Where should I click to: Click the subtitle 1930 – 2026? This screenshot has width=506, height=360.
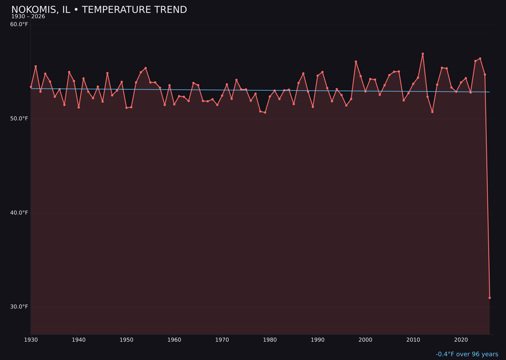point(28,17)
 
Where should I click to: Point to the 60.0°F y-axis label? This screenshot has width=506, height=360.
point(19,24)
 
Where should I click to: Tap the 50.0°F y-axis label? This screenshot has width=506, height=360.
point(19,119)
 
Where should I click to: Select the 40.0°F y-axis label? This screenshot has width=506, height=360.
point(19,213)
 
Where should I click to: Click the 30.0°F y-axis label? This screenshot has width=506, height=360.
point(19,307)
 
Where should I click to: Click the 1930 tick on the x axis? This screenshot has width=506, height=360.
point(31,340)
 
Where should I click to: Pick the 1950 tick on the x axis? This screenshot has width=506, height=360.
point(126,340)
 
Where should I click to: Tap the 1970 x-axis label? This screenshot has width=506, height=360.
point(222,340)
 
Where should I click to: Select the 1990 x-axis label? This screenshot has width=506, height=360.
point(318,340)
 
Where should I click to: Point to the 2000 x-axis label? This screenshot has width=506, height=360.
point(365,340)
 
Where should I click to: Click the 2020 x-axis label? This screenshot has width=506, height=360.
point(461,340)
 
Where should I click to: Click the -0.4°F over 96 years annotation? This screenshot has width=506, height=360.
point(467,354)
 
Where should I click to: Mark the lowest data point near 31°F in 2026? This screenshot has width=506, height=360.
point(490,298)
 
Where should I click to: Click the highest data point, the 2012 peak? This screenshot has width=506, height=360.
point(423,54)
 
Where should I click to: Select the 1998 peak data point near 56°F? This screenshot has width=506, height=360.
point(356,62)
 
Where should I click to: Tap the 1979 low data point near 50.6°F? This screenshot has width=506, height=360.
point(265,112)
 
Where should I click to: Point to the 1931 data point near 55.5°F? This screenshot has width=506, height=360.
point(36,67)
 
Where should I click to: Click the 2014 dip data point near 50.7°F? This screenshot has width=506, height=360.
point(432,112)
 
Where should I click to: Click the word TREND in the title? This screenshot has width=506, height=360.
point(169,10)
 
